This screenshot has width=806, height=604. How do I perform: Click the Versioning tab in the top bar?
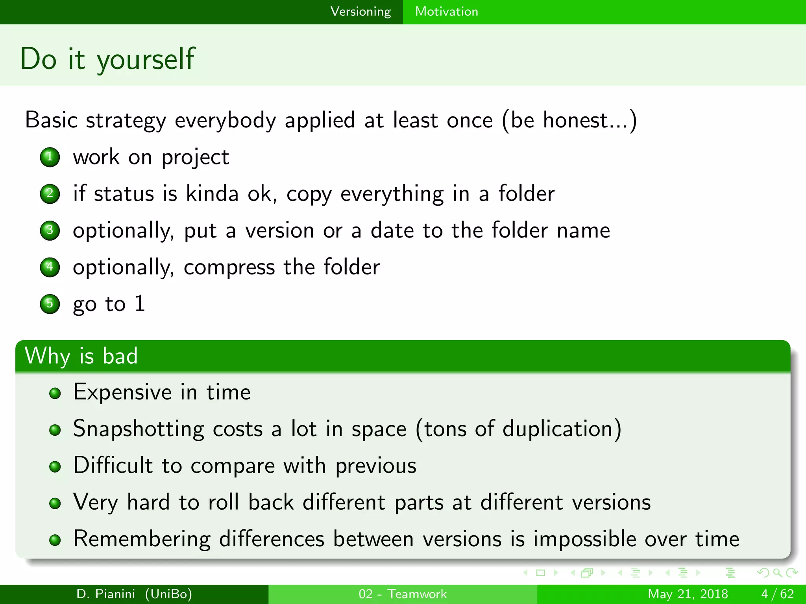[360, 11]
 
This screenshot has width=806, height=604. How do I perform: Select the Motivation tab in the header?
[446, 11]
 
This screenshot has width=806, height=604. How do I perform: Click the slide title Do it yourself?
[107, 59]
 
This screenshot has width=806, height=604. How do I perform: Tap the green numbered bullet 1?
[50, 157]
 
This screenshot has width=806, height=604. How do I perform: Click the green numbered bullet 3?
[50, 230]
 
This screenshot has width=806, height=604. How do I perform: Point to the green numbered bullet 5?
[50, 304]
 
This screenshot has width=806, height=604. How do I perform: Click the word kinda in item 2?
[212, 193]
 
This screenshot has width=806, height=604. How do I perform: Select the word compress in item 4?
[229, 267]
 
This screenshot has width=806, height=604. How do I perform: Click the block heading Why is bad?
[81, 356]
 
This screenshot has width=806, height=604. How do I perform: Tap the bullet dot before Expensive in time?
[55, 393]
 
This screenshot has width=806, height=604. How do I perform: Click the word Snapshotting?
[139, 429]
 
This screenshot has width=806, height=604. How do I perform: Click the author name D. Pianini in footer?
[105, 594]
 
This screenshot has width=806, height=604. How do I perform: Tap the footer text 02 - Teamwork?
[403, 594]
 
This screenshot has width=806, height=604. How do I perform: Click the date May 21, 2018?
[688, 594]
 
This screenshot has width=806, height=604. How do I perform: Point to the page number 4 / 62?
[777, 594]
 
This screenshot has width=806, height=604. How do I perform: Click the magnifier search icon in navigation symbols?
[777, 573]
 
